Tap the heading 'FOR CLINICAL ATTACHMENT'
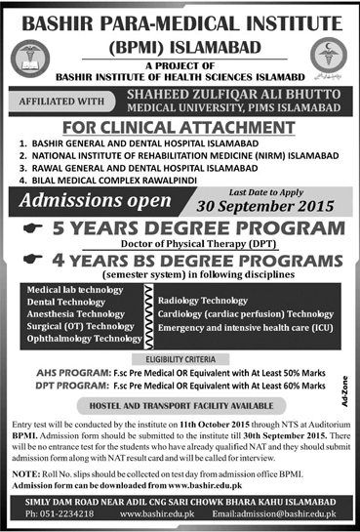[x=180, y=127]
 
